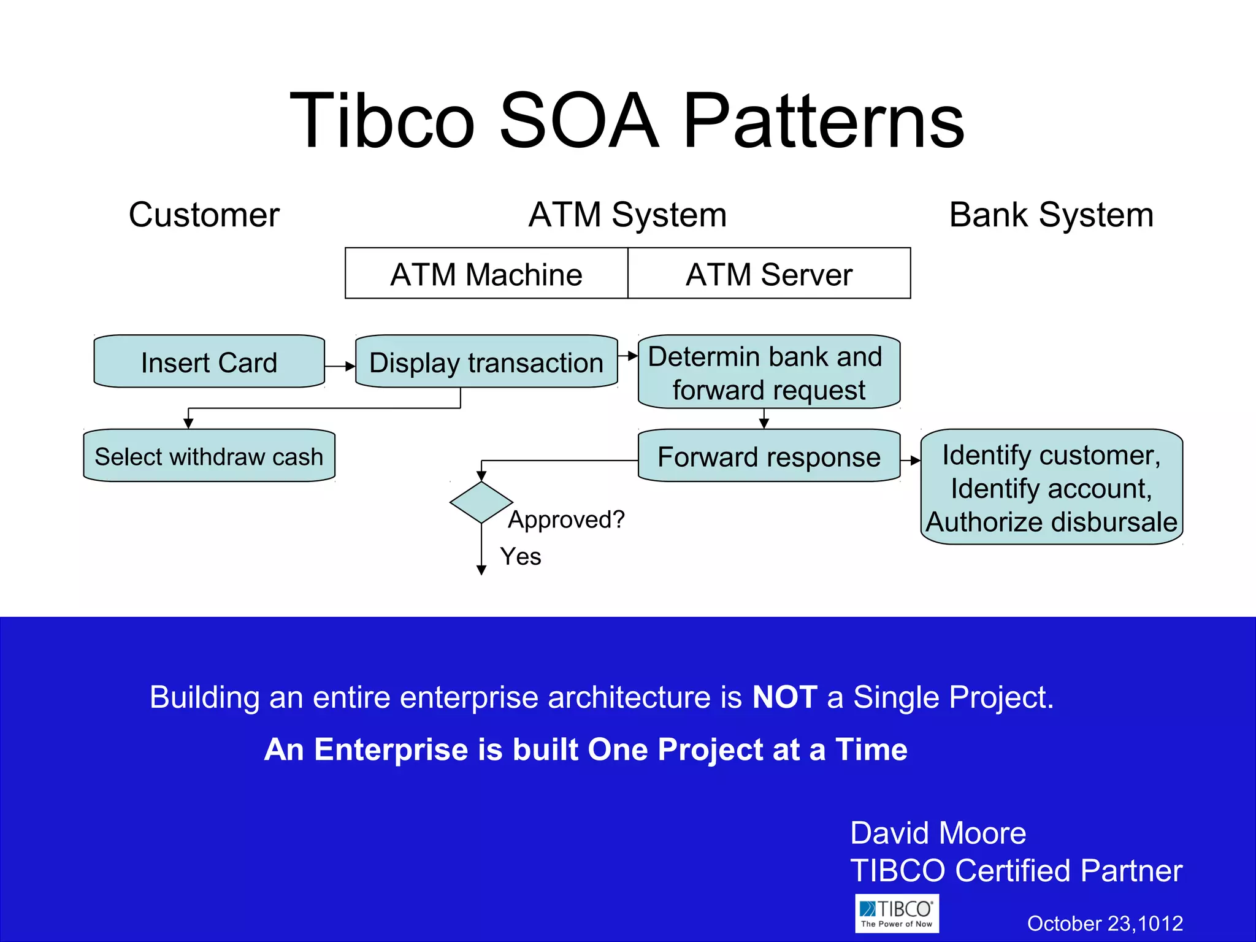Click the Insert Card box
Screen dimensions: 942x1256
click(209, 362)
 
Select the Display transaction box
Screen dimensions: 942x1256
click(486, 362)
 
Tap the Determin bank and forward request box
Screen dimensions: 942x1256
click(768, 372)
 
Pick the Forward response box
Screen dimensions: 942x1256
click(768, 456)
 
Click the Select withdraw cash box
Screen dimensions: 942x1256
click(209, 456)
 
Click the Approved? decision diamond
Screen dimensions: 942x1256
click(481, 502)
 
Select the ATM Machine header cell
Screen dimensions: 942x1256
click(486, 274)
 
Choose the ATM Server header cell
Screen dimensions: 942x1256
click(769, 274)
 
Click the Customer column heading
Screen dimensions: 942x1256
click(204, 215)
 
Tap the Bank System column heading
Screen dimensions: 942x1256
click(1051, 215)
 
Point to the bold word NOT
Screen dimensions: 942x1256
click(784, 697)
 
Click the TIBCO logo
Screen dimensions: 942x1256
click(897, 913)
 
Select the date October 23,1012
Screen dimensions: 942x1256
click(1105, 924)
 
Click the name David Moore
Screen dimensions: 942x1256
click(938, 833)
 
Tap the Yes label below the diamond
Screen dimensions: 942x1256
click(521, 557)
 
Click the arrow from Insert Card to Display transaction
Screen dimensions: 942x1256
click(340, 366)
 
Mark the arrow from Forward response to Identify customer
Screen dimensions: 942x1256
click(911, 461)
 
